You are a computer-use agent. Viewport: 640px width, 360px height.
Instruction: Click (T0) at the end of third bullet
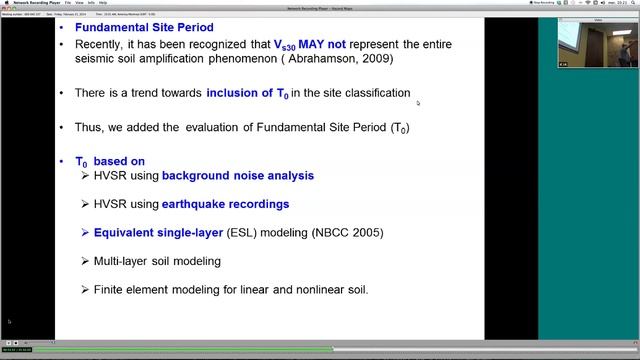click(399, 128)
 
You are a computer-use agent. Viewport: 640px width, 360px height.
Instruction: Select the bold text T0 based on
click(109, 161)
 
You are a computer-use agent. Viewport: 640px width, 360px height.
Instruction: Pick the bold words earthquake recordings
click(226, 204)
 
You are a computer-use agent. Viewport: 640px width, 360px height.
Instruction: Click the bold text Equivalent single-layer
click(153, 233)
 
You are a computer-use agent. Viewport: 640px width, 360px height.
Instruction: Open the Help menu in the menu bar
click(104, 3)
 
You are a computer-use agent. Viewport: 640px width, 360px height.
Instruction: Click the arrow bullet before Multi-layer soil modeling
click(85, 261)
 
